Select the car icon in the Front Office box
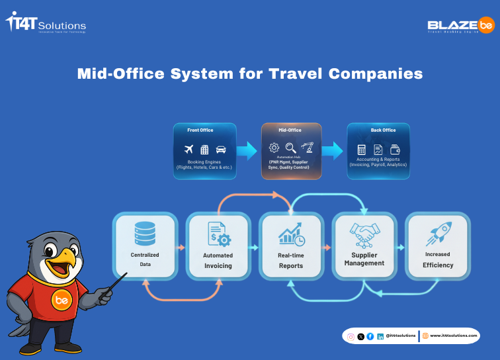(220, 150)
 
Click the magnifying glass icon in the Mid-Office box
(290, 148)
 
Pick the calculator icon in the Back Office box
(362, 150)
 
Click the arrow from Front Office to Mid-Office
(246, 150)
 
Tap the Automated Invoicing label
(218, 260)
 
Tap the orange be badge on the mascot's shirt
(62, 299)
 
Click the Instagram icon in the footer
(351, 336)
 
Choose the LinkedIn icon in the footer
(380, 336)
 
